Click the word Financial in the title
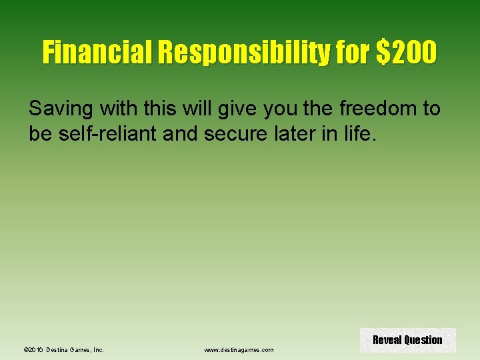pyautogui.click(x=96, y=52)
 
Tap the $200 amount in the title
pyautogui.click(x=406, y=52)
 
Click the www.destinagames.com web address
pyautogui.click(x=239, y=349)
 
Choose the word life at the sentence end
pyautogui.click(x=360, y=135)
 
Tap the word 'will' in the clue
pyautogui.click(x=180, y=109)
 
